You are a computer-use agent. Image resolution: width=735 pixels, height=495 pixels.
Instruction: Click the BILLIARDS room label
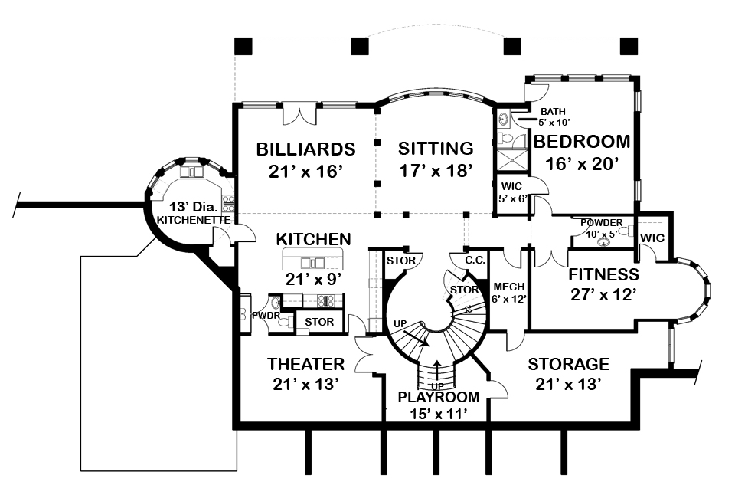[305, 148]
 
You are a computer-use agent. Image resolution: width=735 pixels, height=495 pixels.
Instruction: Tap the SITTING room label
[435, 148]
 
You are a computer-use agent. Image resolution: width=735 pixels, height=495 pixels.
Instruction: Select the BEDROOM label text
[582, 142]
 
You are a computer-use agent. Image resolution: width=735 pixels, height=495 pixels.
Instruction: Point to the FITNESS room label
[603, 274]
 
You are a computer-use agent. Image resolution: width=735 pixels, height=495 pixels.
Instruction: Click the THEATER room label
[305, 363]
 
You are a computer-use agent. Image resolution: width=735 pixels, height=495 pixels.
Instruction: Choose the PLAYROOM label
[439, 397]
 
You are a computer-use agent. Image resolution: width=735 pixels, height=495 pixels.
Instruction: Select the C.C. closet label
[475, 261]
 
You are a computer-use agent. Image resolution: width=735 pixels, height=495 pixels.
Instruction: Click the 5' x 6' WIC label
[511, 192]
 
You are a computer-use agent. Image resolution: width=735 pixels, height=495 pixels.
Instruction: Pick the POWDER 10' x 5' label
[601, 228]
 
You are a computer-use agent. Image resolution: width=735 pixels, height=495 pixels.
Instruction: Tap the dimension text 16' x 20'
[582, 163]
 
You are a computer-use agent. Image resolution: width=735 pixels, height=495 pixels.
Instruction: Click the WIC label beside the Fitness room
[652, 238]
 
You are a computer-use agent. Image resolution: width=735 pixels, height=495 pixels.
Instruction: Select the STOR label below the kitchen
[319, 322]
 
